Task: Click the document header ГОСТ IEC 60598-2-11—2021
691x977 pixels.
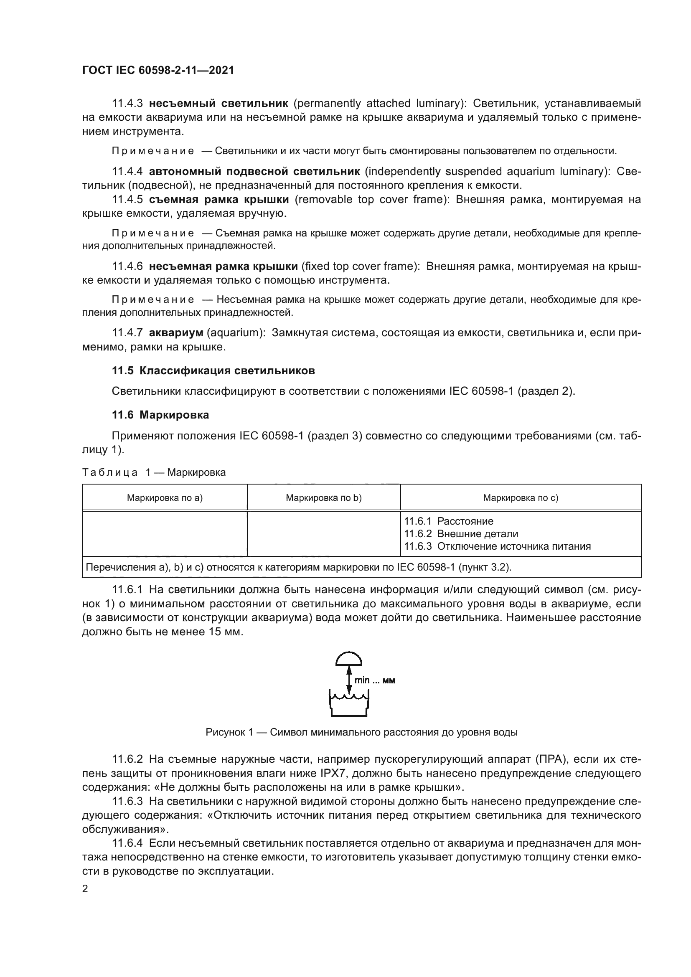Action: [158, 70]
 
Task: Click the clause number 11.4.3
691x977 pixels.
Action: [127, 104]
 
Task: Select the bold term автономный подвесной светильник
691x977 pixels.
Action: [254, 172]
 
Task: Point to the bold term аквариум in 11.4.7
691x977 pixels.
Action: [176, 333]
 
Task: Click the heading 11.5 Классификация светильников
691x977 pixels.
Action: [213, 370]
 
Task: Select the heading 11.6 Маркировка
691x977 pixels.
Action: [160, 415]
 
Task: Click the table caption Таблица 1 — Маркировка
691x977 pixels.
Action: [154, 472]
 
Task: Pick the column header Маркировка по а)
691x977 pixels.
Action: [165, 498]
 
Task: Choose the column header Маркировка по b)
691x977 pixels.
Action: [323, 498]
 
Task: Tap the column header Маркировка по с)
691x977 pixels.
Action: [521, 498]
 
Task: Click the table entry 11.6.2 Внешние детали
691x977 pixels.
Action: [461, 533]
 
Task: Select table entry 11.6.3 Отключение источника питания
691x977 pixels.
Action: [497, 546]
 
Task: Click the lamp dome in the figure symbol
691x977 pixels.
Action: [348, 659]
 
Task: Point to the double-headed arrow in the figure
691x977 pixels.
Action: [348, 681]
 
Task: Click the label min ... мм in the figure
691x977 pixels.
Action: [374, 680]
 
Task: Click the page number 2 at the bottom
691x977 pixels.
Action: [85, 889]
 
